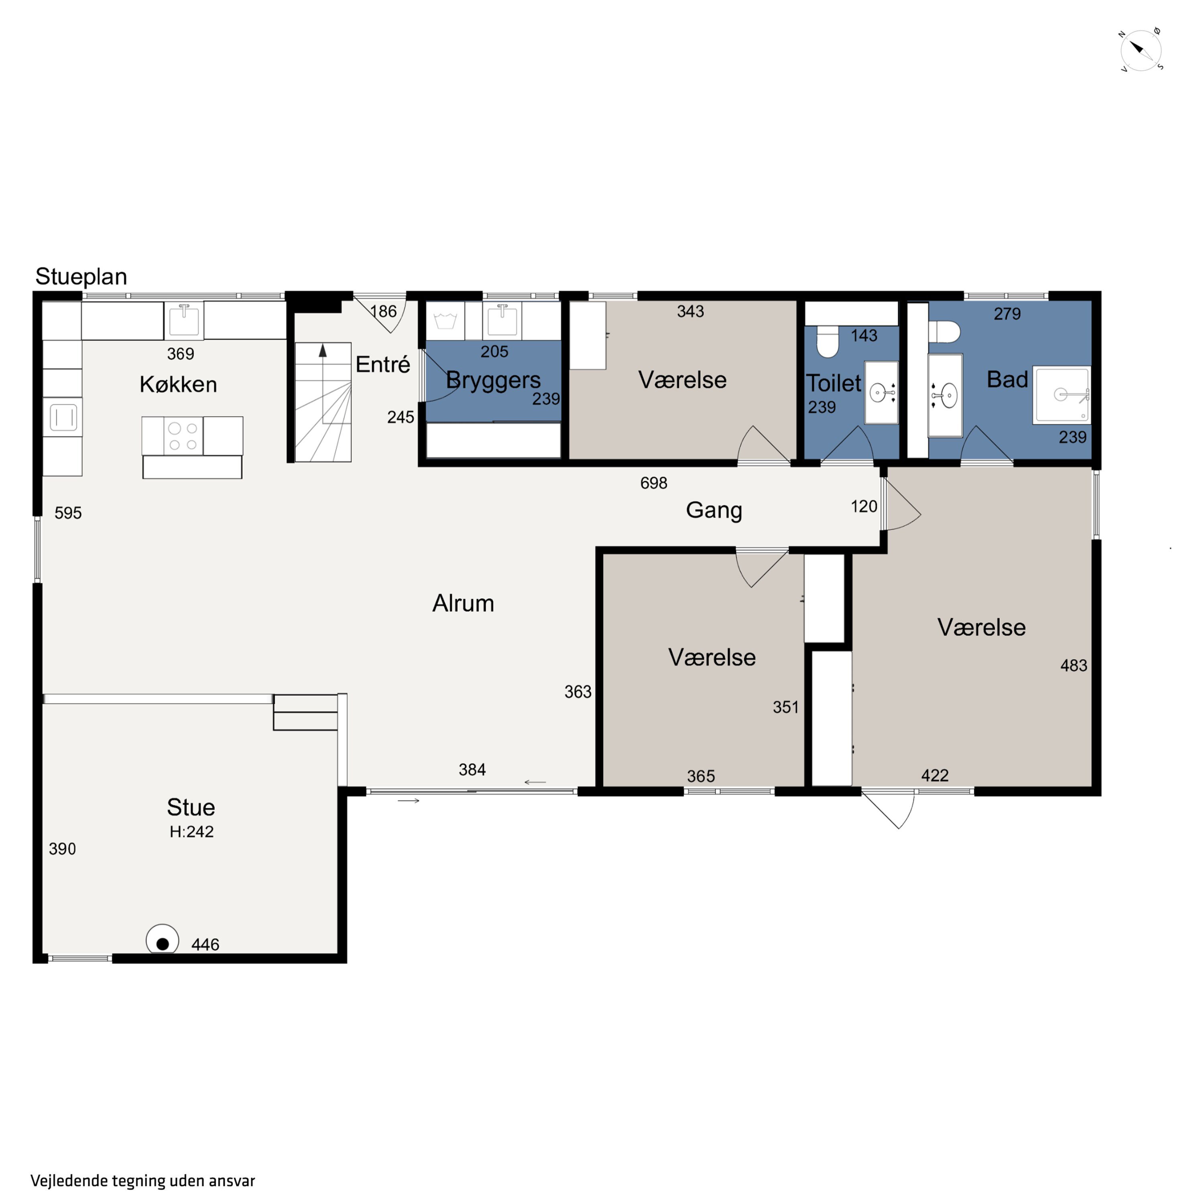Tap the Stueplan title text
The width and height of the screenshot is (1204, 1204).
click(81, 276)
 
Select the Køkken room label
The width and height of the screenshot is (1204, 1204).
click(178, 384)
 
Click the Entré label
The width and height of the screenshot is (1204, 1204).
click(382, 364)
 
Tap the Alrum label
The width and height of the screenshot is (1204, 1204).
click(463, 603)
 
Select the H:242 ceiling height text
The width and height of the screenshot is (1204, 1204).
click(191, 831)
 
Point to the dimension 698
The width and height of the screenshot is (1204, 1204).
click(654, 483)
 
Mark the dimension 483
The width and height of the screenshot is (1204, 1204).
click(1074, 665)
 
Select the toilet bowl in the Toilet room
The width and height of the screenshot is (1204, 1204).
click(828, 342)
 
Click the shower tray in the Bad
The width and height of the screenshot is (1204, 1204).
click(1061, 395)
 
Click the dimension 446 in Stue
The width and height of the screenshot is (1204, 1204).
click(205, 945)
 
